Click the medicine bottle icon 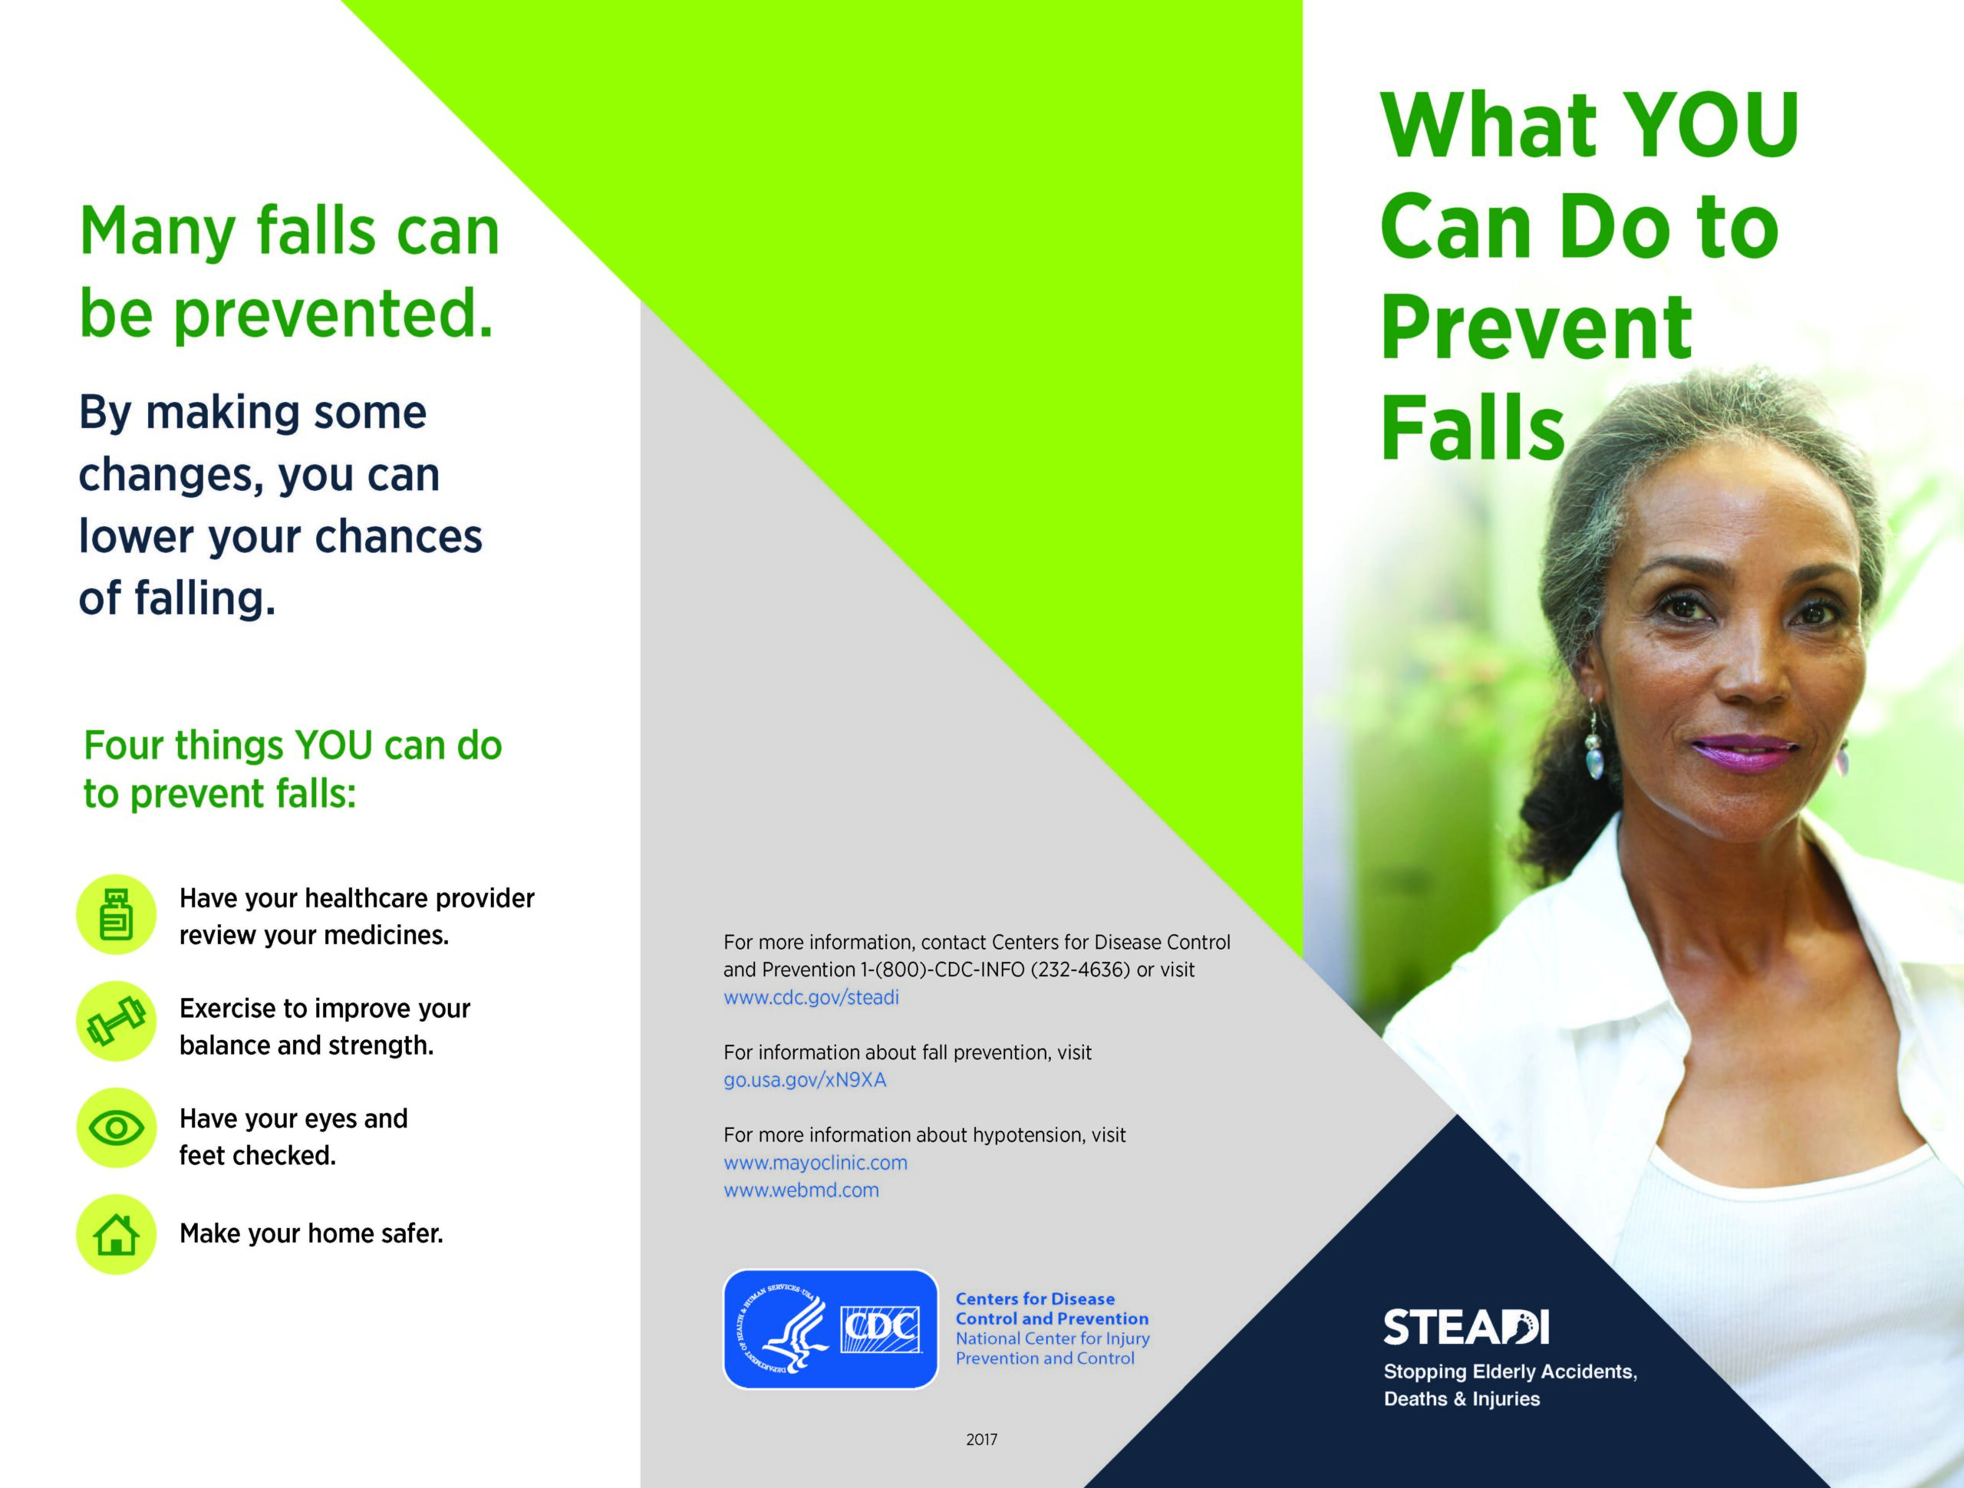tap(117, 914)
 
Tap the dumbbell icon tap(117, 1021)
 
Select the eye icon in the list tap(117, 1128)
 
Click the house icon tap(117, 1234)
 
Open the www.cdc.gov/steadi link tap(811, 997)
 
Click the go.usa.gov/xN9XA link tap(805, 1080)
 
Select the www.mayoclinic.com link tap(815, 1162)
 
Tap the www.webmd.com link tap(801, 1190)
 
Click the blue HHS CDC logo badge tap(830, 1329)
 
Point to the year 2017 tap(981, 1439)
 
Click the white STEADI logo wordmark tap(1466, 1327)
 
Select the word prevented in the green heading tap(332, 314)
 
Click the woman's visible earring tap(1596, 746)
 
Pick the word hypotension tap(1029, 1135)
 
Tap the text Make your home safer tap(311, 1233)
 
